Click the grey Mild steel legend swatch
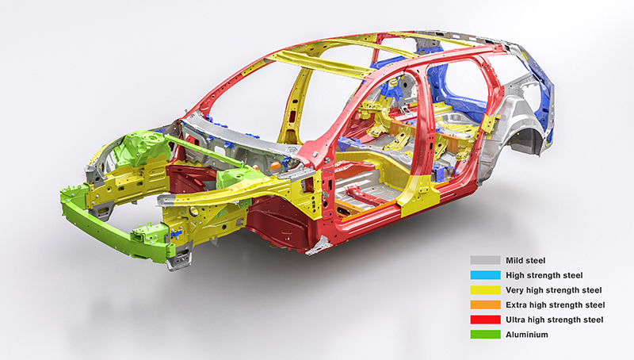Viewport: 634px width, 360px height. (485, 260)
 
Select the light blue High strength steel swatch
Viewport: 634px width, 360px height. (485, 275)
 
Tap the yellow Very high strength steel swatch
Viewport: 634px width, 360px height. (485, 290)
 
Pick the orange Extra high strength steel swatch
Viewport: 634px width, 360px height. (485, 304)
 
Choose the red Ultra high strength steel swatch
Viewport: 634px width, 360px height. (485, 320)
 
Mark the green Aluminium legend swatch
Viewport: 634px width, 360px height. (485, 335)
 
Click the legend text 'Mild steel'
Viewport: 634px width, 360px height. (525, 261)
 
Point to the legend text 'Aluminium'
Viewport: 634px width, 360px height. (527, 335)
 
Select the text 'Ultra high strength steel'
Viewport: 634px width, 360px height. (554, 320)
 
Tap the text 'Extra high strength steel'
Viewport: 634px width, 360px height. (556, 305)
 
